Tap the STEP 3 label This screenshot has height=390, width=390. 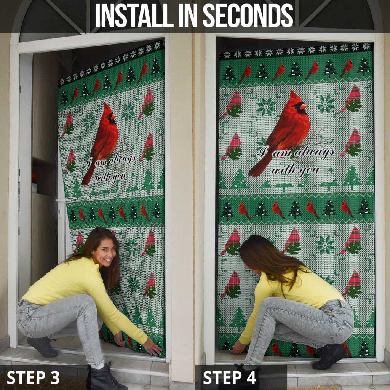point(33,377)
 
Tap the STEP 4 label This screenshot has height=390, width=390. point(230,377)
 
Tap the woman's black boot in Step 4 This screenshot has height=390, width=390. point(328,356)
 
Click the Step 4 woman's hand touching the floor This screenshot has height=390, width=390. point(238,347)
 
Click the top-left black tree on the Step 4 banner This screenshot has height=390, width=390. point(229,74)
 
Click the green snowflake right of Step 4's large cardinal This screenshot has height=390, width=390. point(326,104)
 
